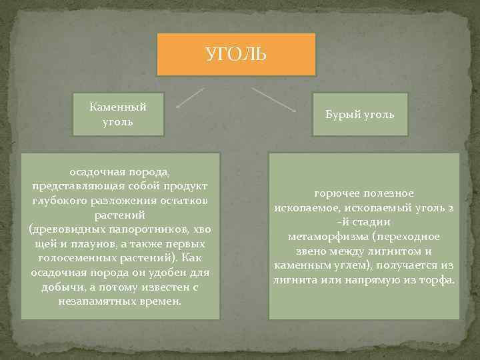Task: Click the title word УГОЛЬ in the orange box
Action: coord(235,53)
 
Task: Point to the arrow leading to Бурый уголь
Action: coord(274,98)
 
